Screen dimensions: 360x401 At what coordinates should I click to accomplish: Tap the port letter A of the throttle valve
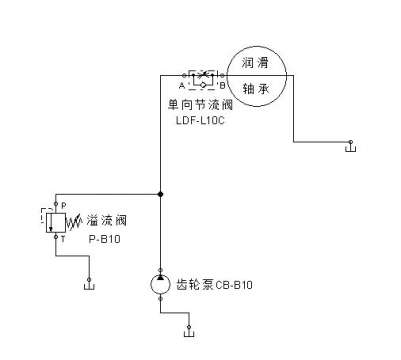point(182,85)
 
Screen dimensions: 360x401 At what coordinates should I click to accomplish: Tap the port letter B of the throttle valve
point(222,85)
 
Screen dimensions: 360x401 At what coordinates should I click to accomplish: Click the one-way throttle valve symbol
point(202,76)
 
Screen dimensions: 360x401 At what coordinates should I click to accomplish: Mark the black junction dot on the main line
point(161,194)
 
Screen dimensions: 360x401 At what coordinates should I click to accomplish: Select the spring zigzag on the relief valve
point(71,218)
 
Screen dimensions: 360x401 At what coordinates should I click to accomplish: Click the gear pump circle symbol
point(161,283)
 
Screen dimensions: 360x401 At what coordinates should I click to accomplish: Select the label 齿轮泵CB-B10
point(214,284)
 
